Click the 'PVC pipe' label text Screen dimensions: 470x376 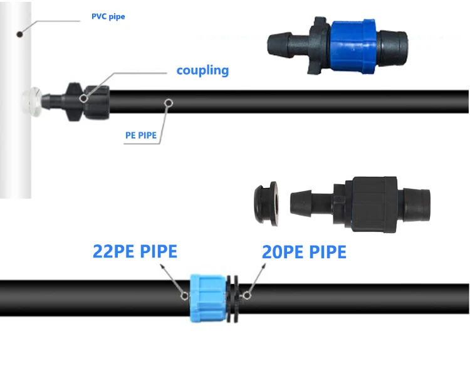(108, 16)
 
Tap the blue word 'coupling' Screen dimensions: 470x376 (202, 70)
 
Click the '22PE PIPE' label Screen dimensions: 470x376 (135, 251)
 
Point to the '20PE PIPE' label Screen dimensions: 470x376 (304, 252)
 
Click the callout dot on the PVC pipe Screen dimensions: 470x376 (21, 33)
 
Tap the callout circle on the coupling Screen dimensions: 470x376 (83, 98)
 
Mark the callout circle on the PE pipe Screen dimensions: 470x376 (168, 102)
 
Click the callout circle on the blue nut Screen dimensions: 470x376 (184, 295)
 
